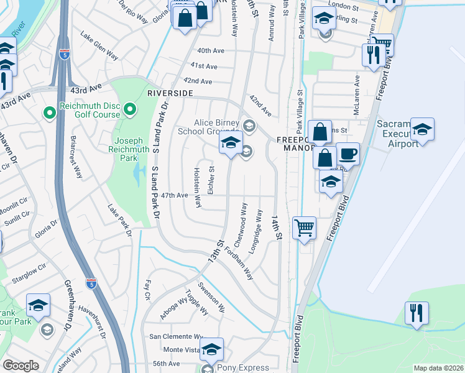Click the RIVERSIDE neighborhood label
click(x=170, y=93)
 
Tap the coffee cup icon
click(x=348, y=154)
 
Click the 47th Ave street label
click(x=174, y=195)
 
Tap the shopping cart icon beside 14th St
click(x=304, y=228)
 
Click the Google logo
click(x=21, y=366)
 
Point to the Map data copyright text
click(x=438, y=368)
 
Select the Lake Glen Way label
click(x=99, y=48)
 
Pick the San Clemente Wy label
click(x=175, y=336)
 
